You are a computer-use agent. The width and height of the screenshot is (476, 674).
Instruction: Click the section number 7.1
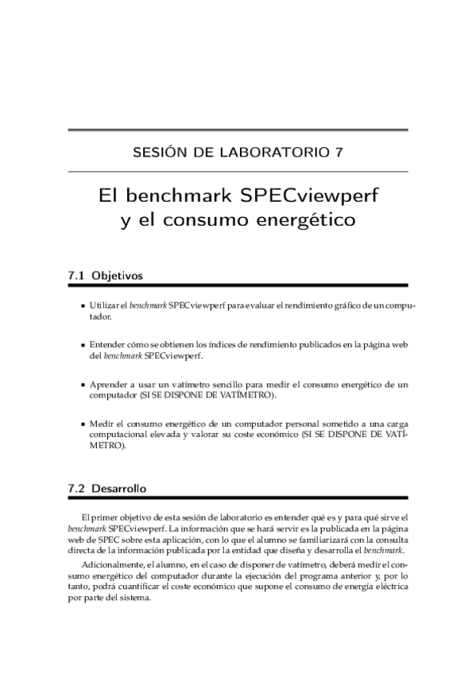77,276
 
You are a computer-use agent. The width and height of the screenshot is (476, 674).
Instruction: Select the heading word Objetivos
117,276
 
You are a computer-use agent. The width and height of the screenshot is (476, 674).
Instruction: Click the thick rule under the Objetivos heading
238,285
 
